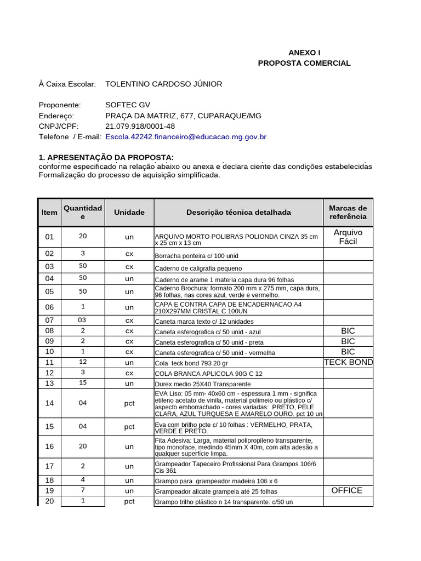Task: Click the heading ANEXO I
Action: [304, 53]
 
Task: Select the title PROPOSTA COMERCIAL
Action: [304, 63]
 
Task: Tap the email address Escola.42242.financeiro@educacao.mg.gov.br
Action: [186, 136]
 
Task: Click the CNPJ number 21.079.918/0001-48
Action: [140, 126]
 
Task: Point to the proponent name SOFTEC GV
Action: [127, 105]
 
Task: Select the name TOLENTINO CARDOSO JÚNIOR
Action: [163, 84]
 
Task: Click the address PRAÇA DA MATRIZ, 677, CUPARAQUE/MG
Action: [183, 116]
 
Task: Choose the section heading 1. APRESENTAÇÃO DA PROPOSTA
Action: [106, 158]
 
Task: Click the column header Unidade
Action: [129, 212]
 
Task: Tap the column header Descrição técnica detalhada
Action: [238, 212]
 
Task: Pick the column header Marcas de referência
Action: [348, 212]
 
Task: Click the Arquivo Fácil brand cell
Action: [348, 237]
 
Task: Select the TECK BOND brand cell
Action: [348, 362]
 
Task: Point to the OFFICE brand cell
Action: [347, 490]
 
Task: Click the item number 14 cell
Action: [50, 403]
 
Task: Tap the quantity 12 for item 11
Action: [83, 362]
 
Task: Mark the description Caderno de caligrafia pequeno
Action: [198, 268]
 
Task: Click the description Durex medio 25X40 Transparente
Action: [202, 384]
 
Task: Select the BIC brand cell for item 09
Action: [348, 341]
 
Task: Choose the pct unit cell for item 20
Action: [129, 501]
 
